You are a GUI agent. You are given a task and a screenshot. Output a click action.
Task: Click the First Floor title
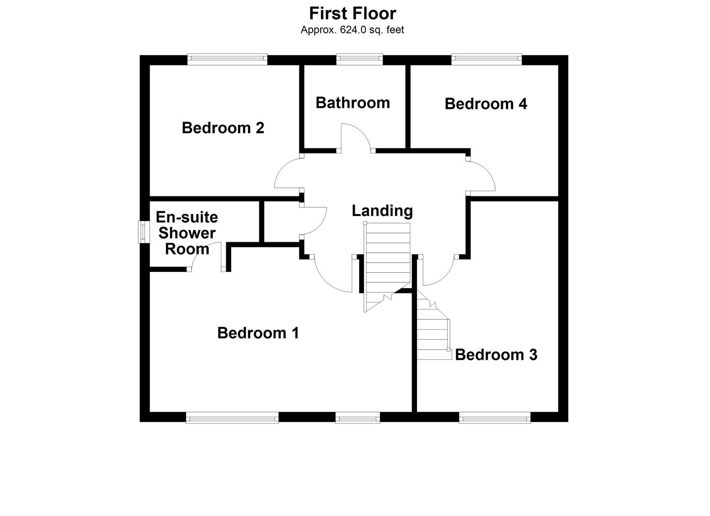click(352, 13)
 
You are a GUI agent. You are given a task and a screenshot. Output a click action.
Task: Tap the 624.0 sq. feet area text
click(352, 30)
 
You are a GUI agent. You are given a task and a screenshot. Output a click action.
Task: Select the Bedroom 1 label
click(258, 333)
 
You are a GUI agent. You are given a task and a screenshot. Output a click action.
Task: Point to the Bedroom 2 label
click(223, 128)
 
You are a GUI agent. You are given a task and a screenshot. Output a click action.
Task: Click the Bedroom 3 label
click(496, 355)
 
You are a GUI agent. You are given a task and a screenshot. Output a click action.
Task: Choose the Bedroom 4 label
click(486, 104)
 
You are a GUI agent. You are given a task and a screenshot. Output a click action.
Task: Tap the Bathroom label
click(353, 103)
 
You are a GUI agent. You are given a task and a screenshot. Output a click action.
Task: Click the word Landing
click(382, 211)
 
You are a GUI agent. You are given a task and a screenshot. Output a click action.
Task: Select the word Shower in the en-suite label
click(187, 233)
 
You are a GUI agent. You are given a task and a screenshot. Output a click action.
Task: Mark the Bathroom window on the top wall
click(360, 59)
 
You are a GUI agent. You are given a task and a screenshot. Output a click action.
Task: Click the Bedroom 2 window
click(227, 59)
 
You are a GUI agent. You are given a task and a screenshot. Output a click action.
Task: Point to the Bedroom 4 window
click(486, 59)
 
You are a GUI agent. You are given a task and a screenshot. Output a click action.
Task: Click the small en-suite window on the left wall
click(142, 231)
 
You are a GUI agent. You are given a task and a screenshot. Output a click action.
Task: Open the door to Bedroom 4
click(481, 176)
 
